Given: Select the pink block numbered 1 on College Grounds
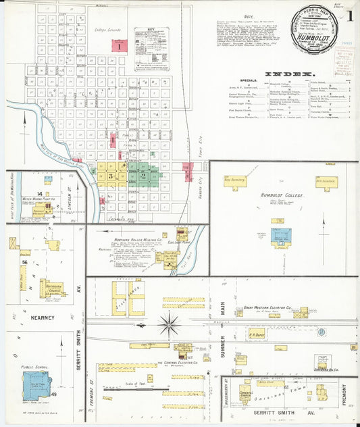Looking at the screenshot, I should pyautogui.click(x=119, y=46).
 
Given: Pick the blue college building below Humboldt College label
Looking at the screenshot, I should pyautogui.click(x=281, y=236).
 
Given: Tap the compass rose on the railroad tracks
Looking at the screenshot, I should pyautogui.click(x=169, y=324).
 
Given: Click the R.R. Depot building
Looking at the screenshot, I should pyautogui.click(x=257, y=332).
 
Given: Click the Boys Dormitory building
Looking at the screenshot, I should pyautogui.click(x=235, y=181).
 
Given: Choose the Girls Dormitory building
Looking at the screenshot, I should pyautogui.click(x=326, y=181).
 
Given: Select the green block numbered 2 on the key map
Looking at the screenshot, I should pyautogui.click(x=144, y=175).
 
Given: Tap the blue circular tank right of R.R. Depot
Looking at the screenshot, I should pyautogui.click(x=322, y=331).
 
